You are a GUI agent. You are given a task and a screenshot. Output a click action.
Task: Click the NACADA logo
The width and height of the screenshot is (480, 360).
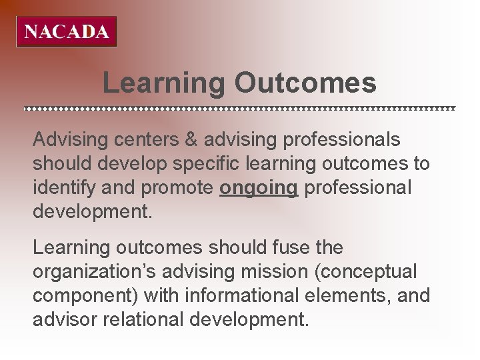pyautogui.click(x=67, y=32)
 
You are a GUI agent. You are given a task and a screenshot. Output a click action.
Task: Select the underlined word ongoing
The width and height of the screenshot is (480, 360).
pyautogui.click(x=259, y=188)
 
